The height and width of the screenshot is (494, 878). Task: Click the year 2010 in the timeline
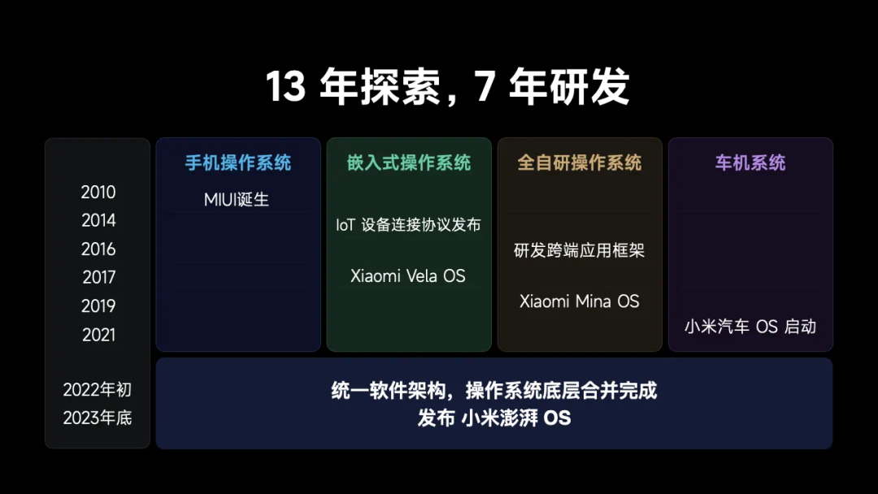(98, 193)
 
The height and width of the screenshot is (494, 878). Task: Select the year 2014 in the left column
(98, 220)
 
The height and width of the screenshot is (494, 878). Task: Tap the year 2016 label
(98, 249)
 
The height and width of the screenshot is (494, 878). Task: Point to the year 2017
(98, 277)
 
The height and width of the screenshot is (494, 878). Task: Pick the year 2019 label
(98, 306)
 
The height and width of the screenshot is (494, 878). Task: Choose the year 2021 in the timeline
(98, 335)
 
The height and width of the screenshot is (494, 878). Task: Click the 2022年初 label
(98, 389)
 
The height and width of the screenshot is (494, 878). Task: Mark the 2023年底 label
(98, 418)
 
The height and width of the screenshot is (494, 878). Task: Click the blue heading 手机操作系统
(238, 162)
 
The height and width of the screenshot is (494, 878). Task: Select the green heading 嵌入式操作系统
(409, 162)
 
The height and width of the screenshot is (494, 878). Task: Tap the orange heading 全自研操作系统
(580, 162)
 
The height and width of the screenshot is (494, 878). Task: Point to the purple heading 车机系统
(750, 162)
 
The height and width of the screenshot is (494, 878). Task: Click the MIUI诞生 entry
(237, 200)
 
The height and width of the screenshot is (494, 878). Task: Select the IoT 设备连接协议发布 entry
(408, 225)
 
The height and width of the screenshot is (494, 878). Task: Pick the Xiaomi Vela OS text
(407, 275)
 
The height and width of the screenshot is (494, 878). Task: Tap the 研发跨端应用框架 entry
(579, 250)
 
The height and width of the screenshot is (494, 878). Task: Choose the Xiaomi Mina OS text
(579, 301)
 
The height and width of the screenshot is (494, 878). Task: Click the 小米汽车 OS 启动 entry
(750, 327)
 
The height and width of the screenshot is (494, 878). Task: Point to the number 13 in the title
(285, 87)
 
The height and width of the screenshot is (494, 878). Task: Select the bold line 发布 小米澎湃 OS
(494, 418)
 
